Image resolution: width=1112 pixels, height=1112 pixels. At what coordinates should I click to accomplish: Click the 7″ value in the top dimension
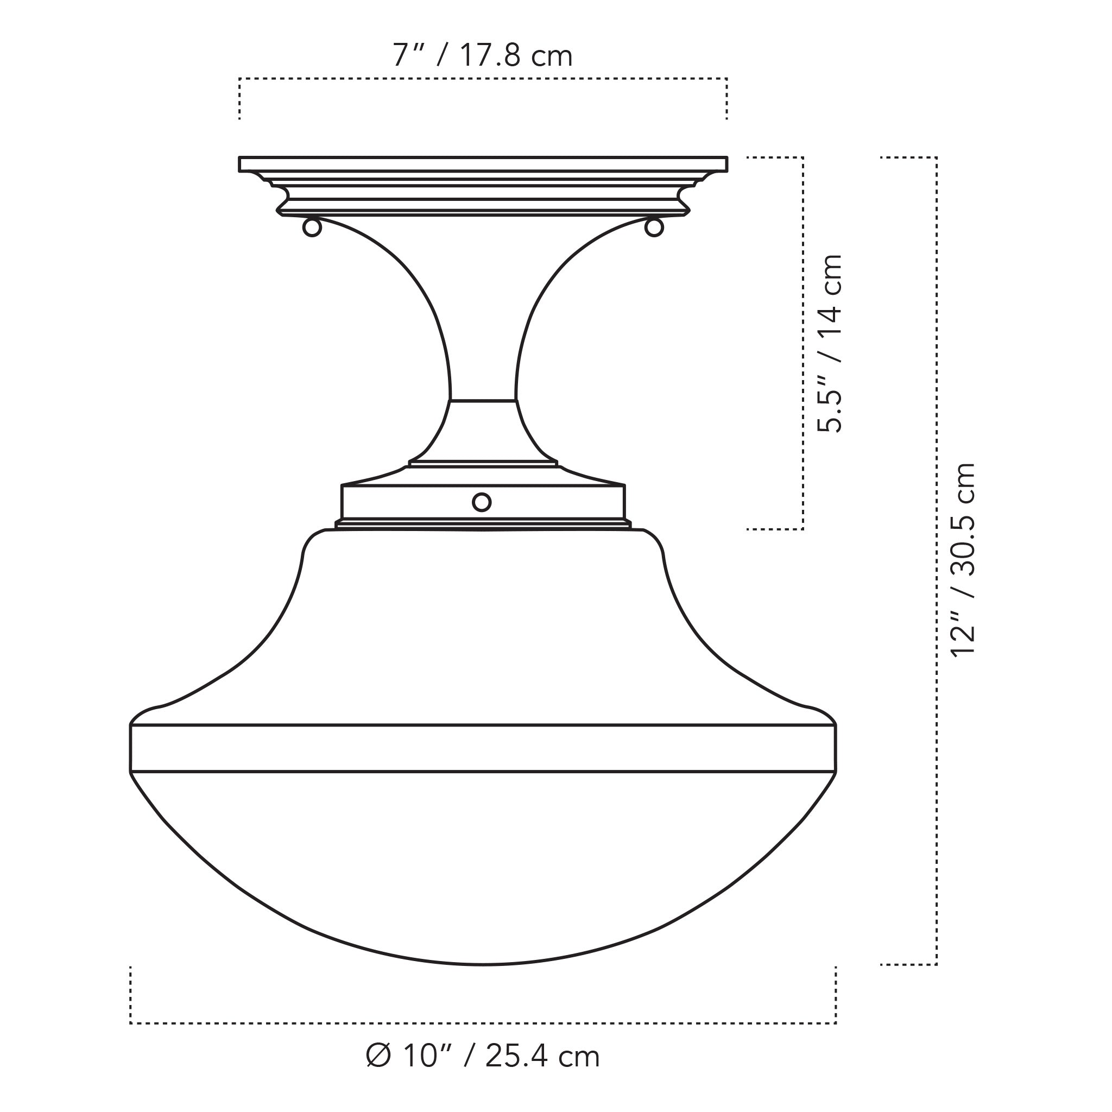click(x=409, y=56)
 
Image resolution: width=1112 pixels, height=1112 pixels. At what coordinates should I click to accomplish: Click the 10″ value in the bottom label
click(x=425, y=1056)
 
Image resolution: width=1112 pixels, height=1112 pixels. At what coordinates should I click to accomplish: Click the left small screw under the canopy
click(x=312, y=228)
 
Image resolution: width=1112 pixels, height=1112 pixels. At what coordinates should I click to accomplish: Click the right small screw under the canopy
click(x=654, y=228)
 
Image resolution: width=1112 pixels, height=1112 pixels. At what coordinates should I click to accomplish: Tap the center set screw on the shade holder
click(x=482, y=502)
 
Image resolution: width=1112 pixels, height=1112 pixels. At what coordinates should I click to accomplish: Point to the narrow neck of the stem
click(x=483, y=368)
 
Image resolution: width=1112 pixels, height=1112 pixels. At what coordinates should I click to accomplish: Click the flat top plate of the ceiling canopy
click(x=483, y=164)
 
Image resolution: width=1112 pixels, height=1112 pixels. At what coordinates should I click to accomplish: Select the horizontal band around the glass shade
click(x=483, y=748)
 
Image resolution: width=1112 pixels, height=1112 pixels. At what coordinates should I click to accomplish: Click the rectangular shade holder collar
click(x=403, y=502)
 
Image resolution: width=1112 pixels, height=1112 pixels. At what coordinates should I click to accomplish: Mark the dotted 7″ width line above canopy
click(x=483, y=79)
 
